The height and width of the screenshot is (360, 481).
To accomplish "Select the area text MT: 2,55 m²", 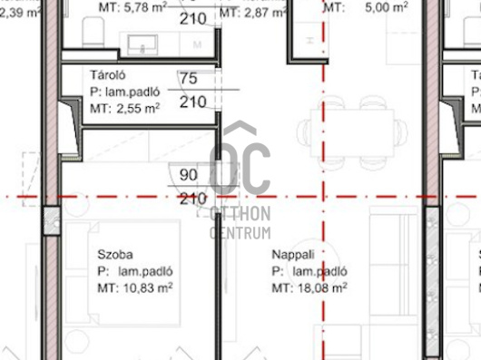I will [x=126, y=108].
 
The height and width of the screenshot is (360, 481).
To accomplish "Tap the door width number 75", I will [x=189, y=79].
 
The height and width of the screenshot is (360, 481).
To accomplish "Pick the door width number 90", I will [x=188, y=177].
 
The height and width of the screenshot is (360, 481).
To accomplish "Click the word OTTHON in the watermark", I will [x=240, y=215].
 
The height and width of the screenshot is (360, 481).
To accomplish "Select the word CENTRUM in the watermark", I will [x=240, y=233].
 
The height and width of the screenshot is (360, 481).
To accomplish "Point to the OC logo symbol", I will [x=240, y=163].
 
